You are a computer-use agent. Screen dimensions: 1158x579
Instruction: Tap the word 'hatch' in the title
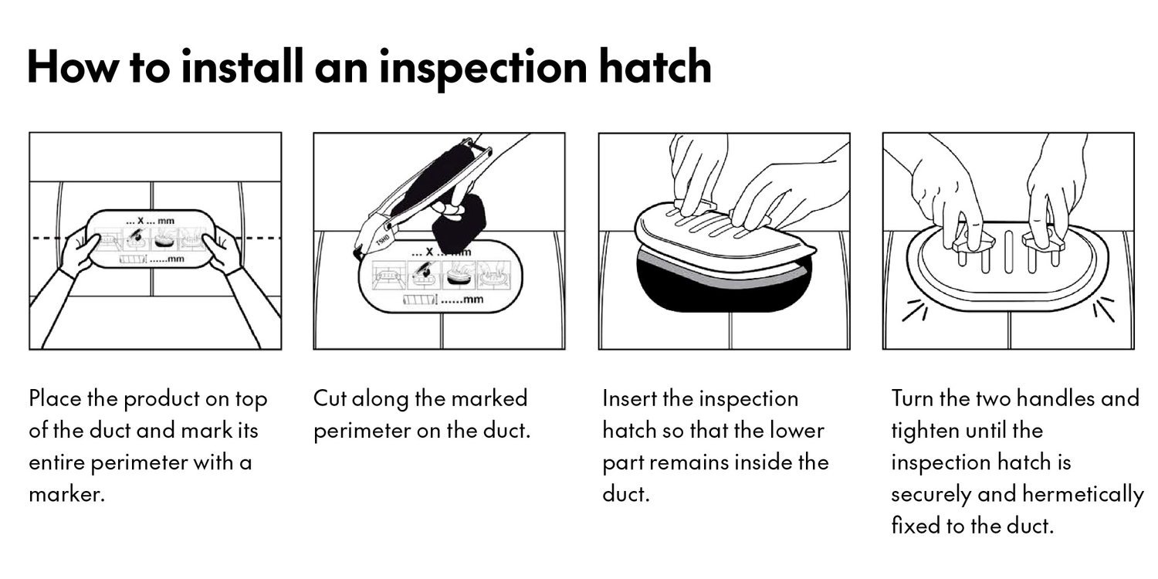[655, 66]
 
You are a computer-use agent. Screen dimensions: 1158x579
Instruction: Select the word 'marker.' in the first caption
[66, 494]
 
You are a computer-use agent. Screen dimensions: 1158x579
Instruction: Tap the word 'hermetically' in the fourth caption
[1082, 495]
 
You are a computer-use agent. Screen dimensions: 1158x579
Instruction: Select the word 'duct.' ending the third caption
[625, 494]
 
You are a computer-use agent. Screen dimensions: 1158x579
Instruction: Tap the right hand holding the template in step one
[223, 250]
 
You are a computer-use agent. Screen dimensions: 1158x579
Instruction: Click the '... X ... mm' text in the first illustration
[150, 221]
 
